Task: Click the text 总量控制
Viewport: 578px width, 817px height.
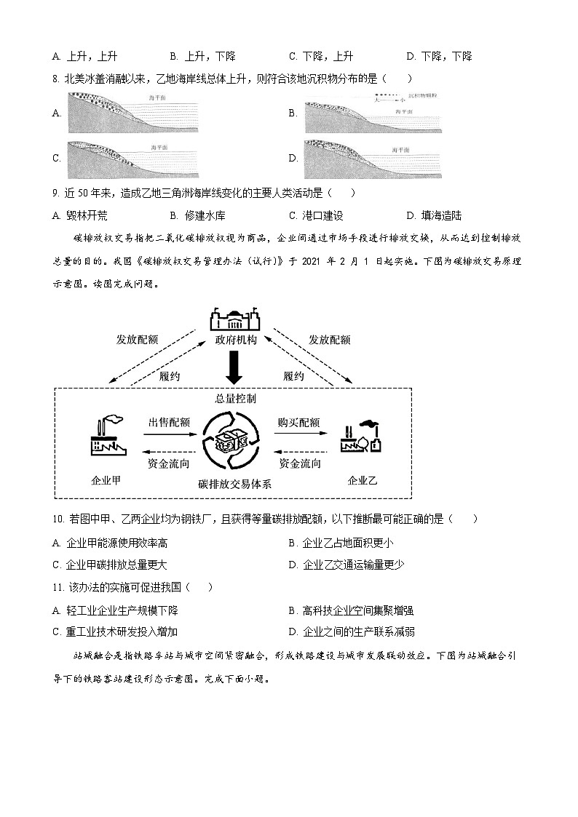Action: tap(234, 399)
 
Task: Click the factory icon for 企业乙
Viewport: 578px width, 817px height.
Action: tap(362, 436)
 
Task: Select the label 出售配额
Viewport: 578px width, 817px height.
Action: tap(169, 423)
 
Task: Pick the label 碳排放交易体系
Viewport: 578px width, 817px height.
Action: tap(234, 483)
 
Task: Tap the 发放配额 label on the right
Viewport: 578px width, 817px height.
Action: tap(329, 340)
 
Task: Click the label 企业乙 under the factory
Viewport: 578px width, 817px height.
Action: tap(363, 480)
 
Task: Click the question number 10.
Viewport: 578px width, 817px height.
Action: tap(58, 519)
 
